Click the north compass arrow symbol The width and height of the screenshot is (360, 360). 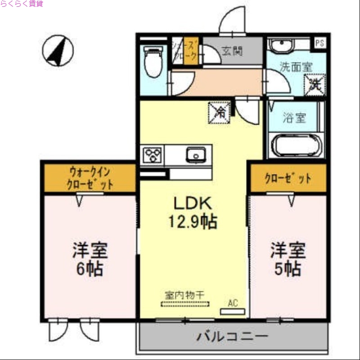(58, 51)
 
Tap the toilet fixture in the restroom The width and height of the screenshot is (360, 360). (153, 63)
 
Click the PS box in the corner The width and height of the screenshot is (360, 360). (319, 43)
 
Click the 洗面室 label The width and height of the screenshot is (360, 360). (296, 67)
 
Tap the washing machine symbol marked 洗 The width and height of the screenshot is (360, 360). (314, 85)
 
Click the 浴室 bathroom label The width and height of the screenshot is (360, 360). (294, 118)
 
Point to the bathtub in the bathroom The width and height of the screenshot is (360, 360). (295, 145)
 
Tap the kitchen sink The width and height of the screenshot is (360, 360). (196, 154)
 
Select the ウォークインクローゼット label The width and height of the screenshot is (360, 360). (90, 178)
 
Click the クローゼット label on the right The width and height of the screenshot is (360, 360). (288, 178)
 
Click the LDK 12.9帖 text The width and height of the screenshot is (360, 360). (193, 212)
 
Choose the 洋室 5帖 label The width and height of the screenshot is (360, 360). (288, 259)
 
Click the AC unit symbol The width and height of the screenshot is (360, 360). (233, 311)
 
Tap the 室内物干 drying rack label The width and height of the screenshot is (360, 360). (184, 295)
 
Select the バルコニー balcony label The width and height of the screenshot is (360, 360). (232, 336)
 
